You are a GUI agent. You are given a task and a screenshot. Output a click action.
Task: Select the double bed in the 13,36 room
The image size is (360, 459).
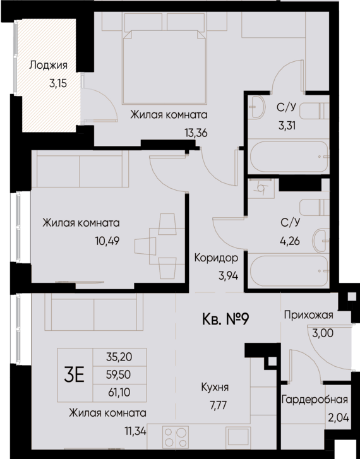165,66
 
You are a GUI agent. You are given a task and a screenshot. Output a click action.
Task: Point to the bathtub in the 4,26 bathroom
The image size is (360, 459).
288,270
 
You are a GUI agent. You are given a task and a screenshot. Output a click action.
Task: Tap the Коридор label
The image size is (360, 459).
217,258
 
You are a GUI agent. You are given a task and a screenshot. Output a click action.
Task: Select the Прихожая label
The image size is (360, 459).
308,315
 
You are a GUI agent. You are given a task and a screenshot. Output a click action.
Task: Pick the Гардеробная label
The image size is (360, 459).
315,400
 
